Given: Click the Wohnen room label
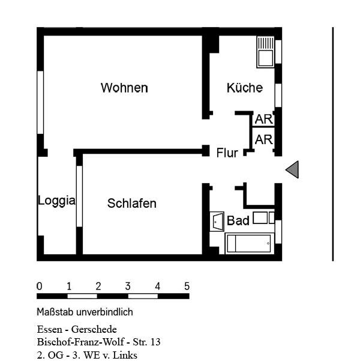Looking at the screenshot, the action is [x=124, y=88].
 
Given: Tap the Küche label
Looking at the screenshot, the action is [x=244, y=88].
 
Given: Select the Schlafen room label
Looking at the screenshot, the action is [x=132, y=204].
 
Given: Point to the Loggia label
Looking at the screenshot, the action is [x=56, y=201].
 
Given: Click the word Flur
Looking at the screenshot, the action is [x=227, y=153].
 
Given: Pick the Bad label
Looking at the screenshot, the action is [x=238, y=221].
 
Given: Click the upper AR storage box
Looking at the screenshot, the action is [x=263, y=120].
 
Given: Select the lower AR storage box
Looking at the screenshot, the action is [x=263, y=140].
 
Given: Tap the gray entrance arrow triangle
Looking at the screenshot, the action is [x=292, y=170].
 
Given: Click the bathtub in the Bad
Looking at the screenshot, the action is [x=248, y=244].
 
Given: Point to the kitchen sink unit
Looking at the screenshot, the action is [x=265, y=52].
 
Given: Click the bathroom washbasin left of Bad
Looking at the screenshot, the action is [x=217, y=221].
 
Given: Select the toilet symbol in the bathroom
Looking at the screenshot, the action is [x=263, y=217].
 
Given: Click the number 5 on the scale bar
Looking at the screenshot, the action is [x=187, y=287].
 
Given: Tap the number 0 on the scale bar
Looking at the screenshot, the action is [x=40, y=287].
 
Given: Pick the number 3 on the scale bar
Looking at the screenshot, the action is [x=128, y=287].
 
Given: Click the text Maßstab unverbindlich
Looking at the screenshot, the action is [x=85, y=312].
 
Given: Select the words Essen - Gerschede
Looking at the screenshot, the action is [x=77, y=330].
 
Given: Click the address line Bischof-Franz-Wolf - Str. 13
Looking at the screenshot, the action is [x=99, y=342].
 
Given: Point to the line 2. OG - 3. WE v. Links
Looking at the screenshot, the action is [x=87, y=355].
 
